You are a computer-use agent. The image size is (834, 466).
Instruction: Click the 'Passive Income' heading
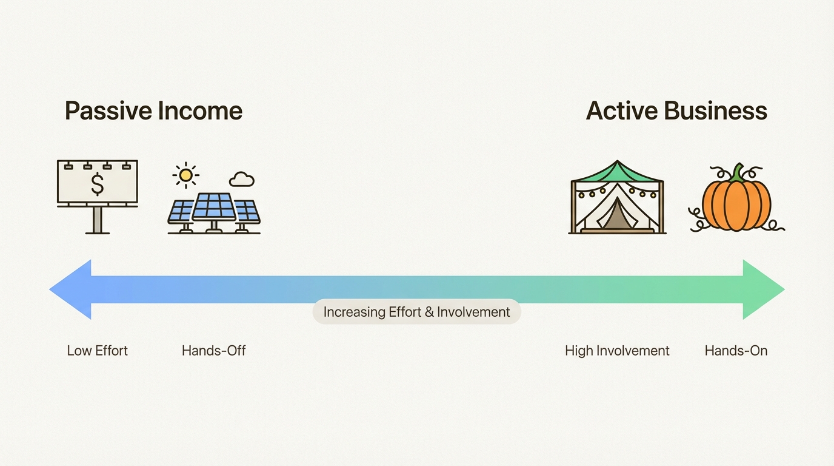pos(153,111)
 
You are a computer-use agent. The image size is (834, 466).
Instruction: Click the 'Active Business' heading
pos(676,111)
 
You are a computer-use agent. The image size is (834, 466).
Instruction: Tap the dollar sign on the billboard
pos(97,184)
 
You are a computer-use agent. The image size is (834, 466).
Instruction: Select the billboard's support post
pos(97,220)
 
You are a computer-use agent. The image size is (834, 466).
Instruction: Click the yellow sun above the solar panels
pos(185,175)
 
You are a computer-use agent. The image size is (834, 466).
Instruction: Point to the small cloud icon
pos(242,180)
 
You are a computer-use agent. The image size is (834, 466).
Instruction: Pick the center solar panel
pos(213,207)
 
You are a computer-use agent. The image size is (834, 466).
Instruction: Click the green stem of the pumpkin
pos(737,172)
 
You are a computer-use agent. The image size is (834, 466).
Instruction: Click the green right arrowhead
pos(762,289)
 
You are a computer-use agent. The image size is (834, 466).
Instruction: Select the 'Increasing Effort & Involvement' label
pos(416,312)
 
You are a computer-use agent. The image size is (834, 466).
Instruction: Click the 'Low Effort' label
pos(98,351)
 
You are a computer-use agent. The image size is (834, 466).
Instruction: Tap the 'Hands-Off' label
pos(213,351)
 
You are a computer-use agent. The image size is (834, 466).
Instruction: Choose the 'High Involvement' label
pos(617,351)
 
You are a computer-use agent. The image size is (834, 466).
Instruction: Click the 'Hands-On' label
pos(736,351)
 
